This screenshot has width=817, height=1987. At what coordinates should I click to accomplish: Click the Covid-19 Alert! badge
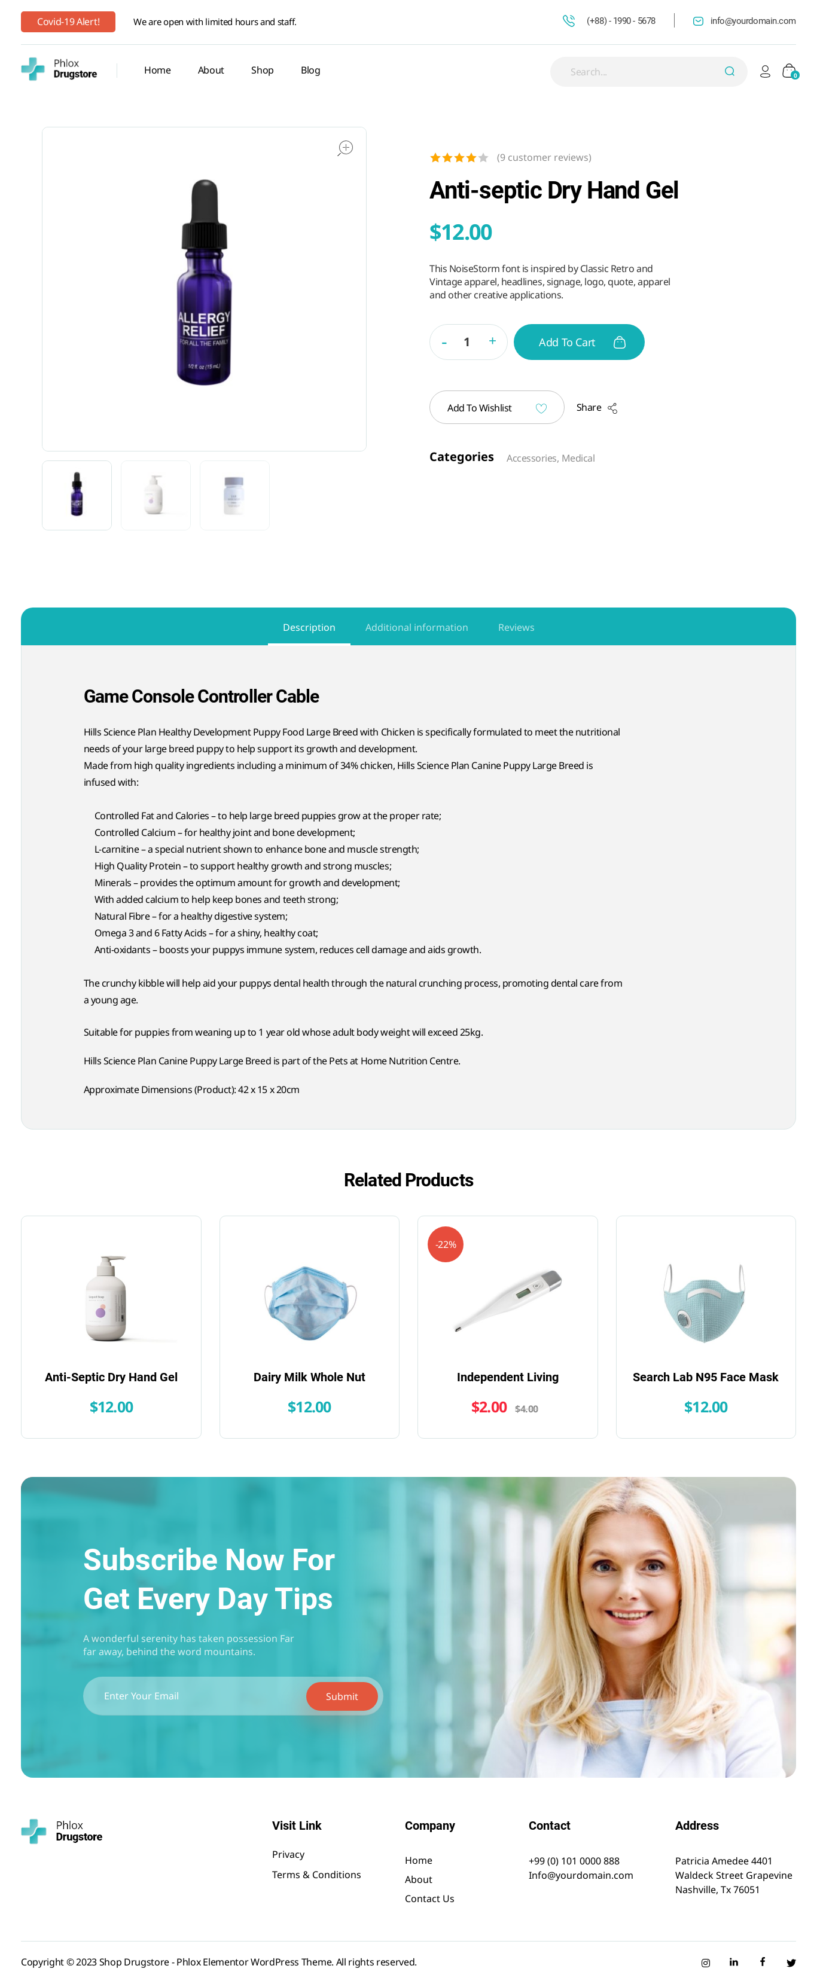point(68,22)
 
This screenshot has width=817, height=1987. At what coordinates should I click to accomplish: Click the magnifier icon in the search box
point(728,72)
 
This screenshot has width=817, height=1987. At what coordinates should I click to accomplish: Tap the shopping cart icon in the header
point(788,71)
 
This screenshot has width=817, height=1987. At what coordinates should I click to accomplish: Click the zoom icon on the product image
point(345,148)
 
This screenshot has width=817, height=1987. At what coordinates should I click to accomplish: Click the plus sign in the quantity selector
point(492,341)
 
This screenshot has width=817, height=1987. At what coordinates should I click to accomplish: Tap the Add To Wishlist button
point(496,407)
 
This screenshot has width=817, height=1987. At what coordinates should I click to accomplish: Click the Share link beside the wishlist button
point(596,407)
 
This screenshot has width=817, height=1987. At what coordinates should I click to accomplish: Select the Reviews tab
point(516,627)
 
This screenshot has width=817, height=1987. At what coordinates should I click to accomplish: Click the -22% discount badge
point(445,1244)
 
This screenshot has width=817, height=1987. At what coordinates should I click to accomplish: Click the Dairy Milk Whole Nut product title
point(309,1377)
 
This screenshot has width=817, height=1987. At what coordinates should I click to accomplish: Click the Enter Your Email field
point(197,1695)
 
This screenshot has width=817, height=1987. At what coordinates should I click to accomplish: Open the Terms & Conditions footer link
point(316,1875)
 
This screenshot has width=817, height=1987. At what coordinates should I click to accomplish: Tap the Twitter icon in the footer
point(791,1962)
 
